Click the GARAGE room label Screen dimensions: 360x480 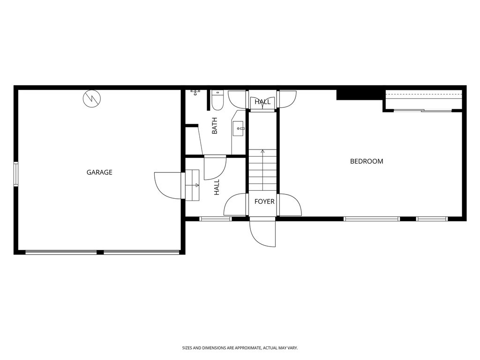pos(99,172)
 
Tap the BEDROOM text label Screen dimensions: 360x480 pos(367,161)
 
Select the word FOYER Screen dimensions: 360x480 pos(264,202)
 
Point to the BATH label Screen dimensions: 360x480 pos(215,126)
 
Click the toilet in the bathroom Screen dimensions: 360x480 pos(217,99)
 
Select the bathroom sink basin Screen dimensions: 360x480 pos(239,128)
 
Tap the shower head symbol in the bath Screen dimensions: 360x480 pos(195,92)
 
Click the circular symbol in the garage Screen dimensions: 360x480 pos(91,98)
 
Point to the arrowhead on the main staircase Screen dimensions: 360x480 pos(262,151)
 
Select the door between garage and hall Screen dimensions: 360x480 pos(168,185)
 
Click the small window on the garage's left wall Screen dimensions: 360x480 pos(16,173)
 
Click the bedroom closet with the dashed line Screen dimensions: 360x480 pos(424,100)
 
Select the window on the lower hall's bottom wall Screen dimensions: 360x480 pos(216,218)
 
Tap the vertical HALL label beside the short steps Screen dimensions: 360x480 pos(217,188)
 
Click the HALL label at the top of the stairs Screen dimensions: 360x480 pos(262,102)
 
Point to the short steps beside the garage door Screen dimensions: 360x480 pos(193,185)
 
